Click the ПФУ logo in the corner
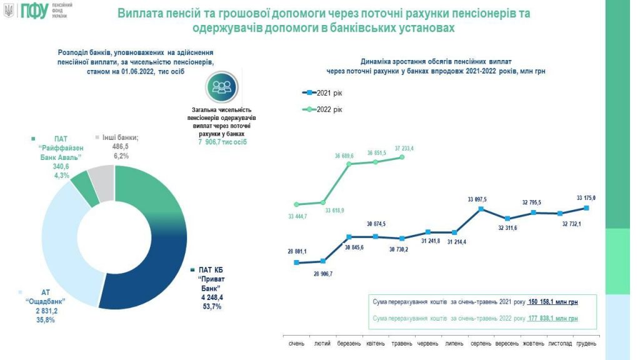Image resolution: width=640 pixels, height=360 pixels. pyautogui.click(x=33, y=11)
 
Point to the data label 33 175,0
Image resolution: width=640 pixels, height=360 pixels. pyautogui.click(x=586, y=197)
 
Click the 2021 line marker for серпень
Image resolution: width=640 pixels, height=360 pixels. pyautogui.click(x=481, y=209)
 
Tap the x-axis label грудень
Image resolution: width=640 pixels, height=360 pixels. pyautogui.click(x=586, y=344)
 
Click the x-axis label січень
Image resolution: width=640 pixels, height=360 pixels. pyautogui.click(x=297, y=344)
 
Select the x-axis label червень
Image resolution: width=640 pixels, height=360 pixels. pyautogui.click(x=428, y=344)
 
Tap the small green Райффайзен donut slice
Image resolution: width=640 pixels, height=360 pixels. pyautogui.click(x=82, y=189)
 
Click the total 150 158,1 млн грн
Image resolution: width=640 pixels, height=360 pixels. pyautogui.click(x=553, y=302)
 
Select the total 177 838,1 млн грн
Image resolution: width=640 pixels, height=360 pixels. pyautogui.click(x=553, y=319)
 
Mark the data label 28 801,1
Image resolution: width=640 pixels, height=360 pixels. pyautogui.click(x=297, y=251)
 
